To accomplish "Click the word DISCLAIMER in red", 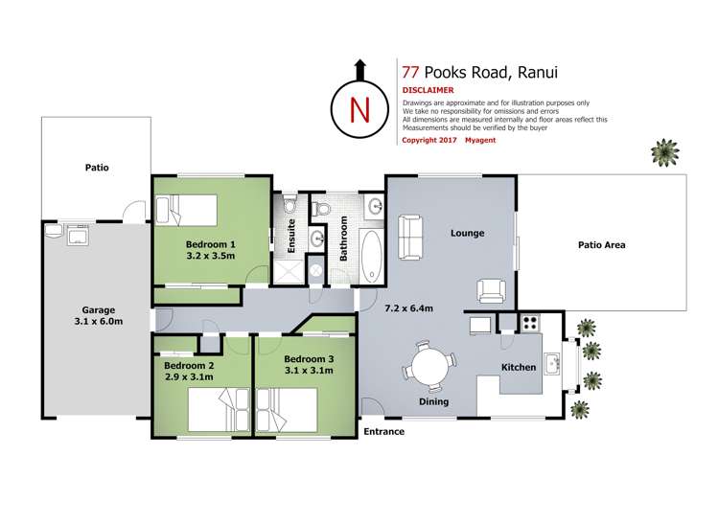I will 428,90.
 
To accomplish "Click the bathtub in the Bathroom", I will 371,253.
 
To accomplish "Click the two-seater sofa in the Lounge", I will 410,236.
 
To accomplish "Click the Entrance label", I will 383,432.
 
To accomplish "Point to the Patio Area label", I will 601,245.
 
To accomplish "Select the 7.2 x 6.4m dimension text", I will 409,308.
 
